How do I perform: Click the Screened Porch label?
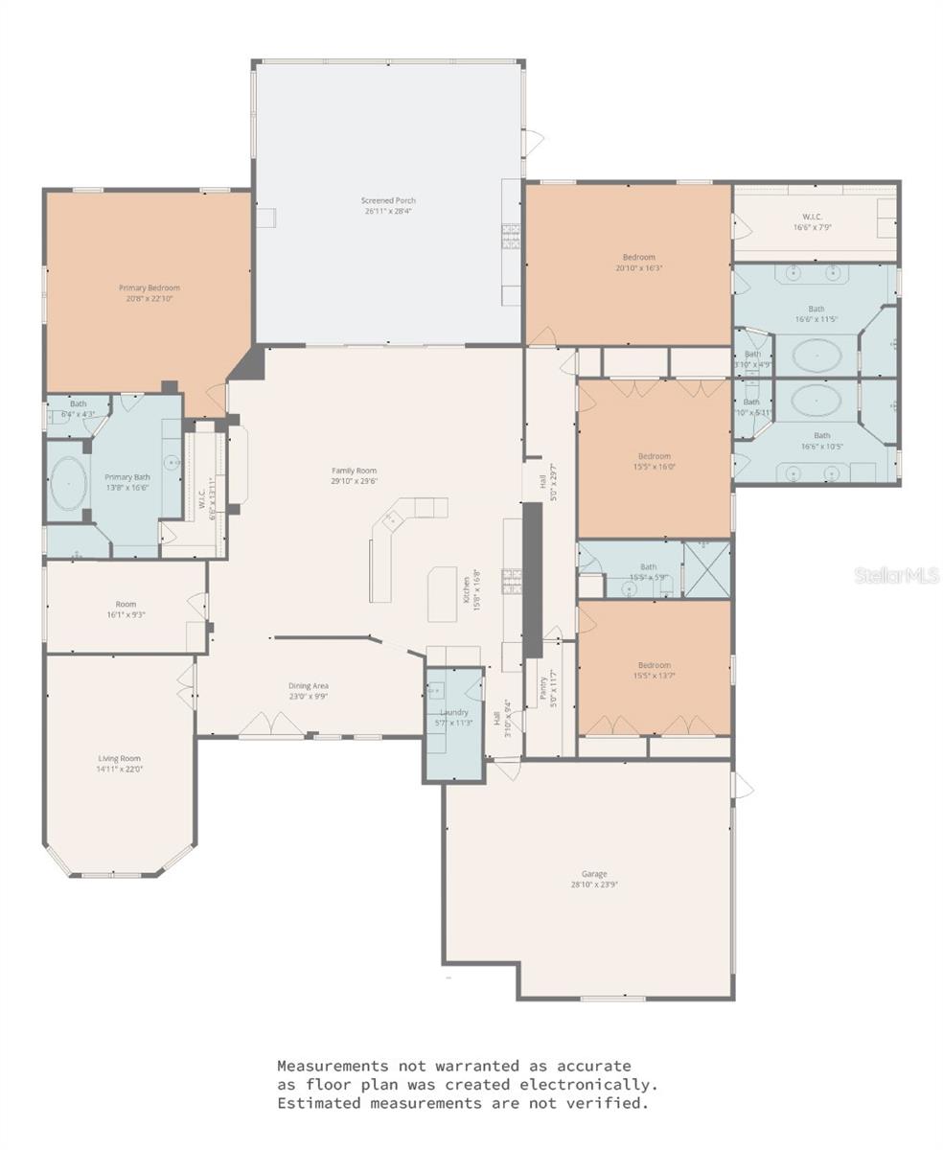[x=388, y=201]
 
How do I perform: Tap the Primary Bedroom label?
[x=149, y=287]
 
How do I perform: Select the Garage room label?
[x=594, y=874]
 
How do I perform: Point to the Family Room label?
[x=354, y=471]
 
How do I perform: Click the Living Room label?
[x=119, y=758]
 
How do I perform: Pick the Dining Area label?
[x=309, y=685]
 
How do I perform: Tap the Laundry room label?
[x=453, y=712]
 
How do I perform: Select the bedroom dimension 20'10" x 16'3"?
[x=639, y=268]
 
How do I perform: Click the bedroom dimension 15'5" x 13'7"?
[x=655, y=676]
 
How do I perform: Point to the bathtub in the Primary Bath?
[x=68, y=483]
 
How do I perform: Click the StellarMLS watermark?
[x=896, y=576]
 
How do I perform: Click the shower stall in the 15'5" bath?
[x=706, y=570]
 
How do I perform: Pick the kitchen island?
[x=442, y=593]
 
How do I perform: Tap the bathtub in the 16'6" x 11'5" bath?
[x=816, y=356]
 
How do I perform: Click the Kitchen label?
[x=467, y=586]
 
